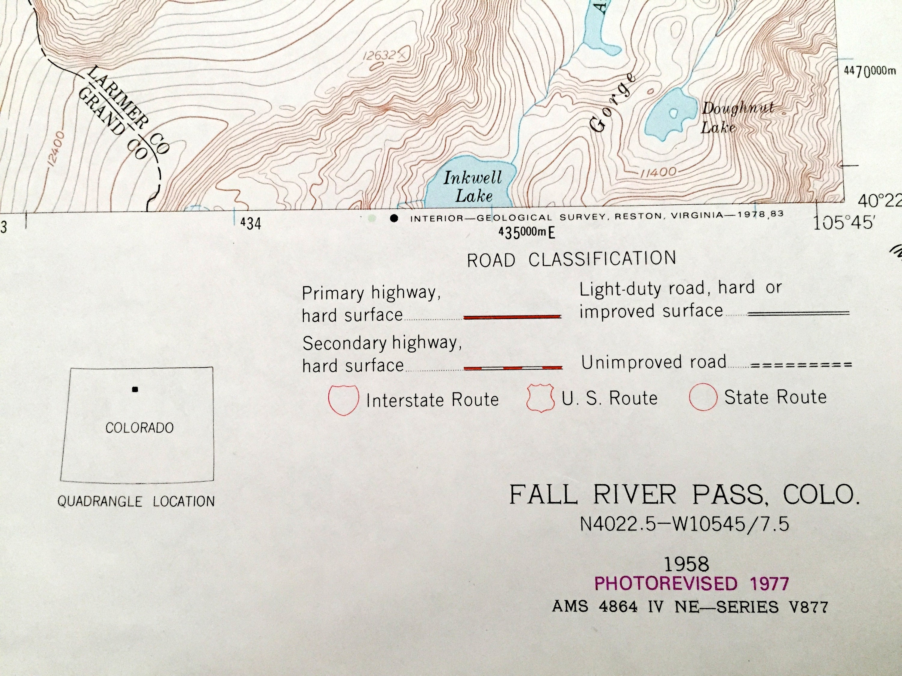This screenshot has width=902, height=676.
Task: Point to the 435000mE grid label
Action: click(526, 233)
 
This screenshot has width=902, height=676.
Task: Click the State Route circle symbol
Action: click(703, 397)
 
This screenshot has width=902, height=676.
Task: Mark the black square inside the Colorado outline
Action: click(135, 389)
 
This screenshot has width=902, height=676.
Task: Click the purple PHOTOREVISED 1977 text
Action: click(692, 584)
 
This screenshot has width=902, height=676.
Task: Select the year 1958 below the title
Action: click(687, 564)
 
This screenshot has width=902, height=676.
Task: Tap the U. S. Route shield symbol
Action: click(541, 398)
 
